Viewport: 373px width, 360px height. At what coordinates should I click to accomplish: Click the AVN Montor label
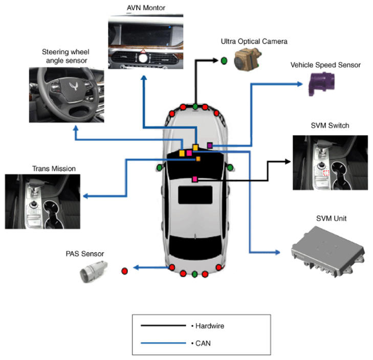tap(146, 8)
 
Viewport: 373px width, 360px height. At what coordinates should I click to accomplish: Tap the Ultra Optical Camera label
tap(254, 41)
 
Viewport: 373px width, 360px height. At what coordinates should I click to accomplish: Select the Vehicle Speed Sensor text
tap(325, 65)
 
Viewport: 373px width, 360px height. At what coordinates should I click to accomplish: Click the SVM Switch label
tap(330, 125)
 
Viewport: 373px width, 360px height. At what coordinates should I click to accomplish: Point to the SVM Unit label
tap(331, 218)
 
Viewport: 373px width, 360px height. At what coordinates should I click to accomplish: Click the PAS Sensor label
tap(85, 254)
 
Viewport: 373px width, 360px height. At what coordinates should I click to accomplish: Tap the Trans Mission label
tap(54, 169)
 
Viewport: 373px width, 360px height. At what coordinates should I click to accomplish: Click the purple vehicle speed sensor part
tap(321, 84)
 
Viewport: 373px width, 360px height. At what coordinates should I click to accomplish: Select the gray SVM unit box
tap(327, 252)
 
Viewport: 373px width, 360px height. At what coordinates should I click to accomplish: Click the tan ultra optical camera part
tap(248, 59)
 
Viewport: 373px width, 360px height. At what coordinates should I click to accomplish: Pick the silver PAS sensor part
tap(93, 272)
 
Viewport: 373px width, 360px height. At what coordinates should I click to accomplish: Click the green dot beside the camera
tap(224, 61)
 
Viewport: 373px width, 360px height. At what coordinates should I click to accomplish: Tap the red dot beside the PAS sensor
tap(124, 271)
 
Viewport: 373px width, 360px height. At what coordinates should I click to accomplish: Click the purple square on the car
tap(210, 145)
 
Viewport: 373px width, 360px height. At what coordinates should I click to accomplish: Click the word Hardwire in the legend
tap(210, 326)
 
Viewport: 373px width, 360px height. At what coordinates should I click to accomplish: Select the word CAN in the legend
tap(203, 343)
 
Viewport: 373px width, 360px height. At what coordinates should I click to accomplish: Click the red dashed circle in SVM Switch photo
tap(326, 173)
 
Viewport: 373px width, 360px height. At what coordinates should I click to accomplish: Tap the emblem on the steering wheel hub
tap(74, 85)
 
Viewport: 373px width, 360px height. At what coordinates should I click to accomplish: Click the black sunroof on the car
tap(195, 195)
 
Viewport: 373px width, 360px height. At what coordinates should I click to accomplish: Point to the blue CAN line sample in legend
tap(163, 343)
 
